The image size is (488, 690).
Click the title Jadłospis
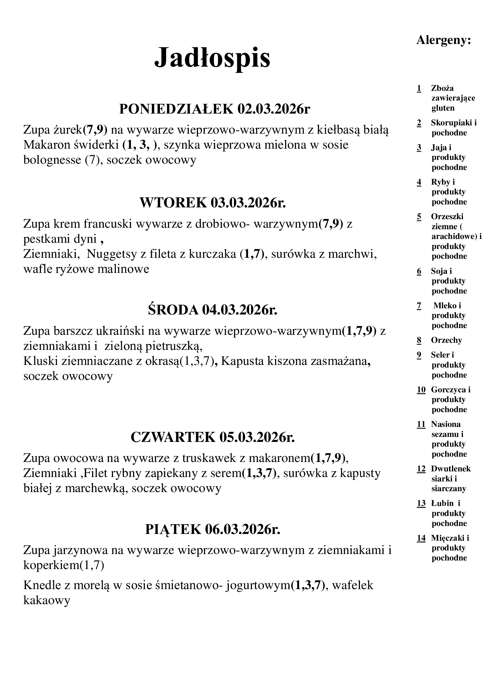[212, 58]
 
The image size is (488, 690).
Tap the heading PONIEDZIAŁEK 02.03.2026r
[214, 109]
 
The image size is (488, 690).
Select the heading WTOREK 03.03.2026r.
[212, 203]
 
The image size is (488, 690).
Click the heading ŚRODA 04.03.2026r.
[212, 310]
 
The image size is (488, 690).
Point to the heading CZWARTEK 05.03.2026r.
[212, 437]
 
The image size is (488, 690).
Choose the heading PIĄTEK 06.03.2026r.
[212, 529]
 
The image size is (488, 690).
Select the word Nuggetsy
[111, 254]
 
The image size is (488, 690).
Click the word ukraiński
[119, 331]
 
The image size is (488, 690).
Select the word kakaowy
[47, 600]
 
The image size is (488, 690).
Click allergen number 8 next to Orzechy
[419, 340]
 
